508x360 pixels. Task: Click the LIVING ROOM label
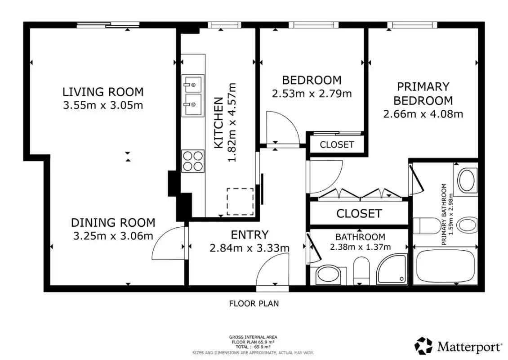[103, 92]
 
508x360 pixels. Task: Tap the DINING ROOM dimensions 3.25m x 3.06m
[113, 236]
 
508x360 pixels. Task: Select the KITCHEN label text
[219, 123]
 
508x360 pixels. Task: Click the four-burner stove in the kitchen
[193, 161]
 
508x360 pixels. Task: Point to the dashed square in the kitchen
[240, 202]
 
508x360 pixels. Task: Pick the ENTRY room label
[250, 234]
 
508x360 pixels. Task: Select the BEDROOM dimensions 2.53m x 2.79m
[312, 94]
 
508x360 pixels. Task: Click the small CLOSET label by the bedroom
[337, 144]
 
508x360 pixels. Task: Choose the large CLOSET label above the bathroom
[359, 213]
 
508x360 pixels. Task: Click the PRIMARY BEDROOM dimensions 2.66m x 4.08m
[423, 114]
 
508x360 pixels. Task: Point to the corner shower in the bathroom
[392, 269]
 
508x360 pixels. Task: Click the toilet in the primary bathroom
[428, 225]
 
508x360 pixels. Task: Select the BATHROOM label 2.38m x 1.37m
[360, 242]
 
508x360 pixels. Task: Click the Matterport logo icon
[423, 346]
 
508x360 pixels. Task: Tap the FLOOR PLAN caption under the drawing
[254, 304]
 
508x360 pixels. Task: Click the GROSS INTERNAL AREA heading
[253, 337]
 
